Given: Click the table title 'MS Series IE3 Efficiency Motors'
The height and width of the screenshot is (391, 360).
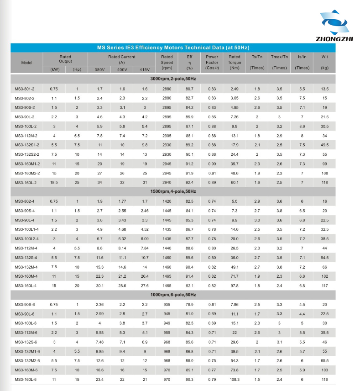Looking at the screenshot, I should (173, 48).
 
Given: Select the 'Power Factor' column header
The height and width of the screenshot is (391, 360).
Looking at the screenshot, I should (212, 62).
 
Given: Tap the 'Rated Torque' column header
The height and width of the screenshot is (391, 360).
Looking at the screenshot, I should (235, 62).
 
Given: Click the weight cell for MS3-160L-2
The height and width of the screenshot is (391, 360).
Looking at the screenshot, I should (324, 182).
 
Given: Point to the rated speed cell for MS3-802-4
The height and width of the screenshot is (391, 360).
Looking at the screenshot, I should (167, 201).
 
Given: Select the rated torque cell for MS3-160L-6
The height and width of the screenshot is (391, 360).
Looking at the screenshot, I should (235, 380).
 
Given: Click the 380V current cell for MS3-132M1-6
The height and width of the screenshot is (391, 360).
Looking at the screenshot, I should (99, 351).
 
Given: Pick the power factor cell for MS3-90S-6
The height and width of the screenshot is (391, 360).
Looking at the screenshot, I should (212, 305).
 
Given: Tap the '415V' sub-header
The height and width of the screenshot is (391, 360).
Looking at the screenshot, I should (145, 69).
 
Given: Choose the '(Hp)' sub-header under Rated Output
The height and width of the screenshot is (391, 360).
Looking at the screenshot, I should (77, 69).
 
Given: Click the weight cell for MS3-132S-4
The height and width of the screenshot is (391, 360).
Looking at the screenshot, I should (324, 258).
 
